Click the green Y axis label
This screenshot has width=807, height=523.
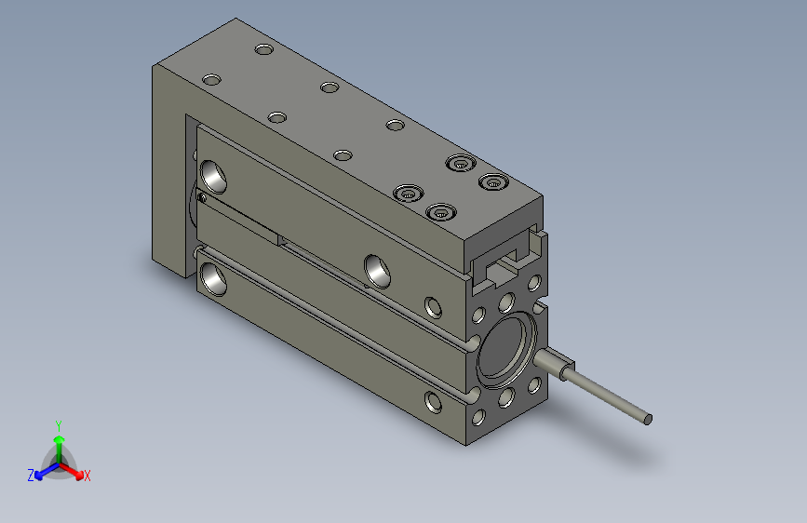[58, 425]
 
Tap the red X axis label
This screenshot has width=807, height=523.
[87, 476]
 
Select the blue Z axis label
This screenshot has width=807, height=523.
[31, 476]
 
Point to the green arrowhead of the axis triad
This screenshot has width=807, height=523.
[60, 439]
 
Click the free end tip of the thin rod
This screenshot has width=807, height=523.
[648, 420]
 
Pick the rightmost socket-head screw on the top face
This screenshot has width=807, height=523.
[493, 181]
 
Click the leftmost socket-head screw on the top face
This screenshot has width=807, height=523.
[408, 194]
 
